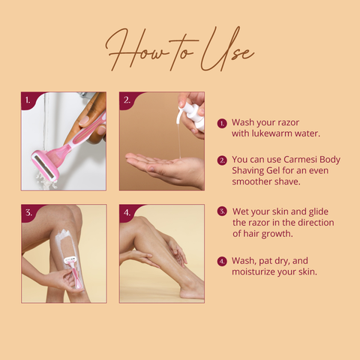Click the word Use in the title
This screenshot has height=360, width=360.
coord(226,50)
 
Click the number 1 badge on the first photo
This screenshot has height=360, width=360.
coord(28,100)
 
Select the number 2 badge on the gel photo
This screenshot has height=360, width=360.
coord(127,100)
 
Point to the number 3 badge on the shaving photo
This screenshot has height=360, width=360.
coord(28,213)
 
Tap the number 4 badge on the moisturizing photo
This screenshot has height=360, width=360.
coord(127,213)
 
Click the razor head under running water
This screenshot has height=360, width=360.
coord(45,165)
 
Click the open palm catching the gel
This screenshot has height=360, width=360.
coord(165,168)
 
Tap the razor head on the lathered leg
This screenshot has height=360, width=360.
coord(70,260)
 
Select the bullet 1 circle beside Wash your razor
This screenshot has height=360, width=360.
coord(222,124)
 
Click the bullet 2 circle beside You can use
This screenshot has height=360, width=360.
coord(222,160)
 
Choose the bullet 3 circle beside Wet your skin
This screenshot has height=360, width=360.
coord(222,211)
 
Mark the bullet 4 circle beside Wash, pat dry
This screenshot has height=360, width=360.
coord(222,262)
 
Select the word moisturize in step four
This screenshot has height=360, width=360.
coord(254,271)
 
